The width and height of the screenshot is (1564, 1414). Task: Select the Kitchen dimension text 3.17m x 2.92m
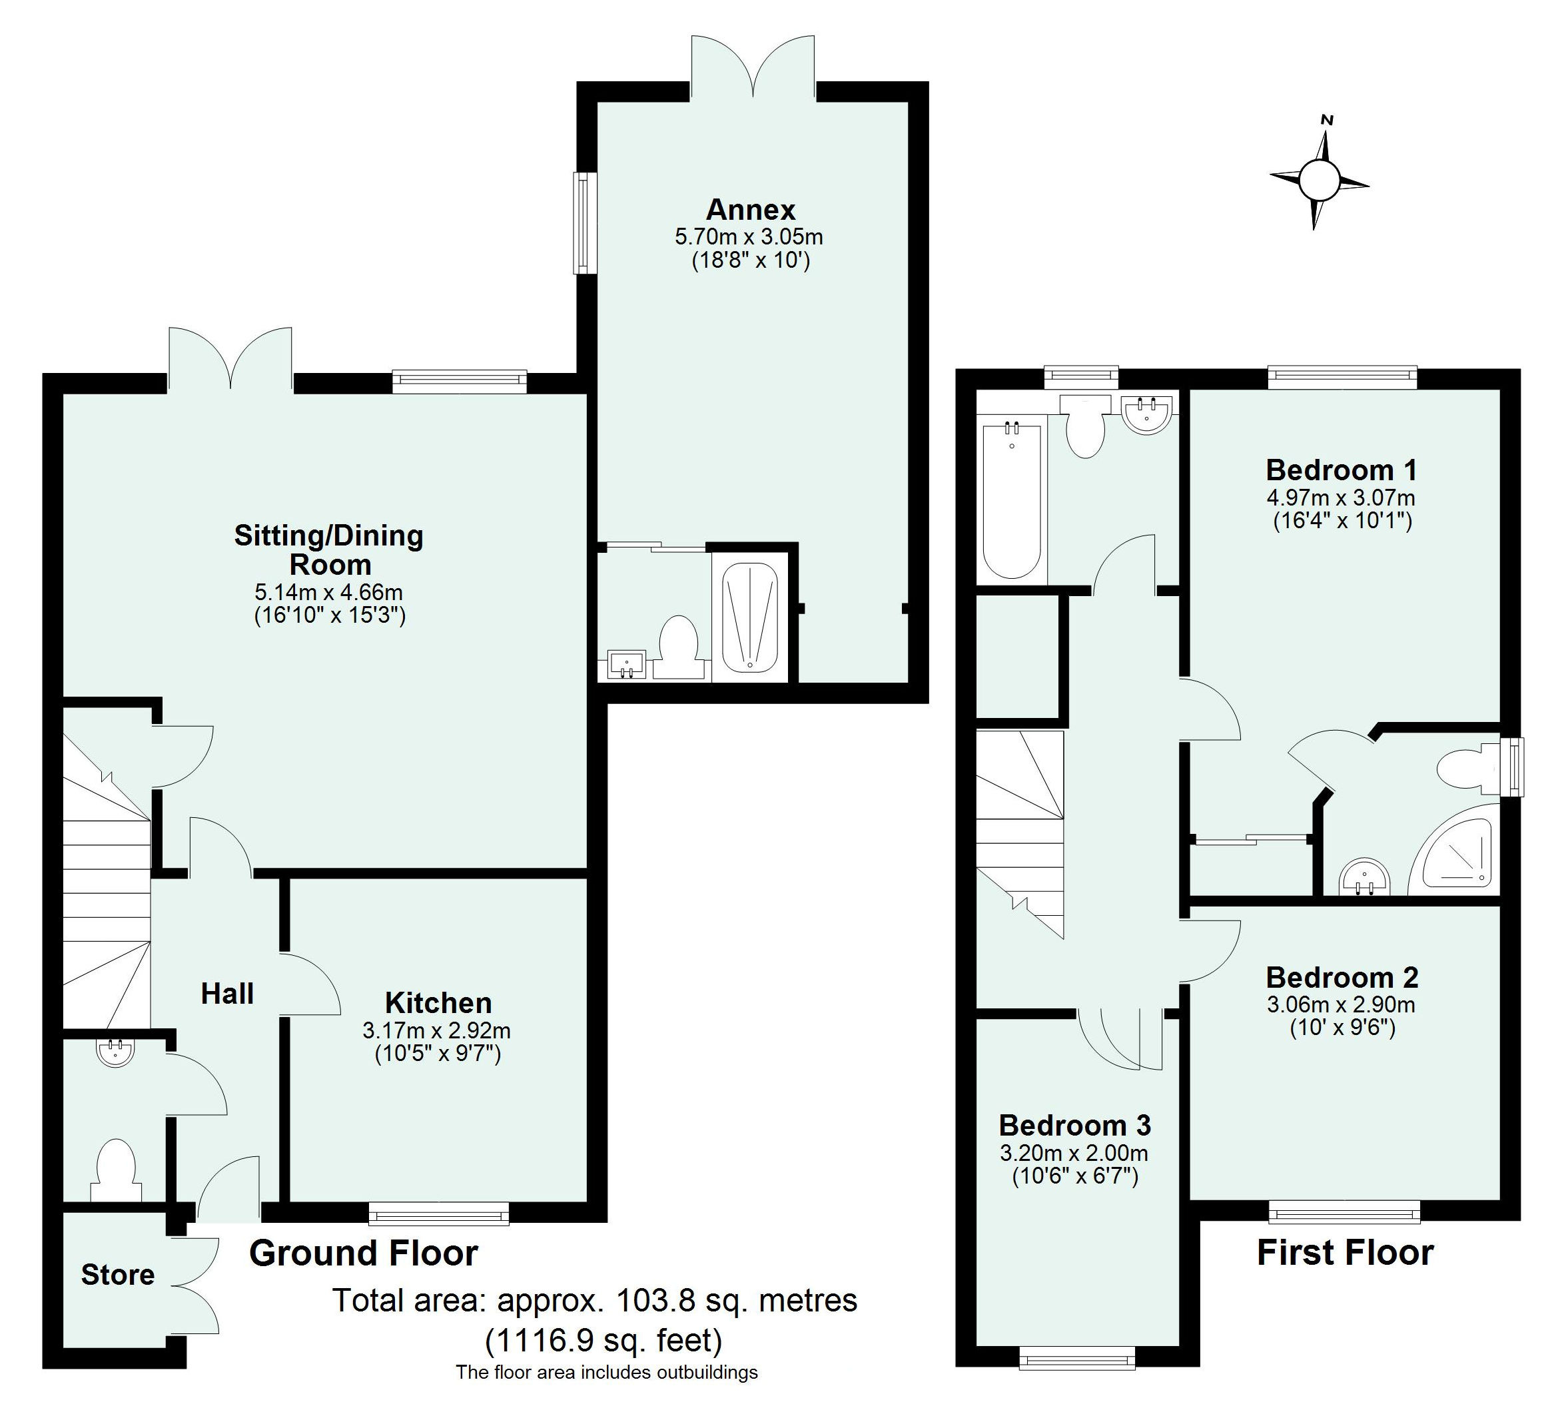[436, 1031]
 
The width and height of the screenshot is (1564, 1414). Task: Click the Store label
[118, 1274]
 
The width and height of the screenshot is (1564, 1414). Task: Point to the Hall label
[227, 994]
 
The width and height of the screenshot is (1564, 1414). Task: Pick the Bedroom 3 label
[1074, 1125]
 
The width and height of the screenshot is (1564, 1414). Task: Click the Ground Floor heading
[364, 1253]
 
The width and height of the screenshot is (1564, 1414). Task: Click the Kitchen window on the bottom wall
[439, 1213]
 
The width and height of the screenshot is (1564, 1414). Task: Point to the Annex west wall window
[584, 222]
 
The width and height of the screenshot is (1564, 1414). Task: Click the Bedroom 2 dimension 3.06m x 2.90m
[1342, 1005]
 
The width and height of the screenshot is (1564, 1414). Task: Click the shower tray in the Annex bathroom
[749, 617]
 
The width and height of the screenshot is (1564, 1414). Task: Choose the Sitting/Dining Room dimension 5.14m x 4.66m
[329, 593]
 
